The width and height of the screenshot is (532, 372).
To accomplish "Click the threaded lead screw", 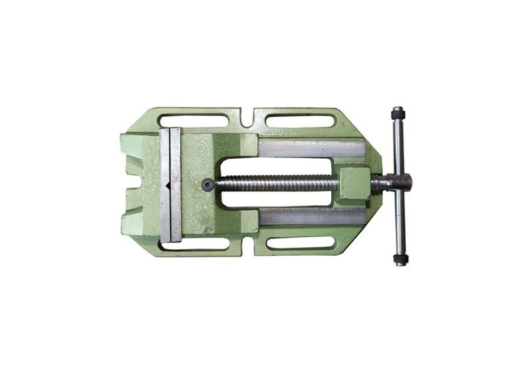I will (x=279, y=183).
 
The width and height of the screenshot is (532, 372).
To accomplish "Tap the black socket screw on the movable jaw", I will (x=208, y=185).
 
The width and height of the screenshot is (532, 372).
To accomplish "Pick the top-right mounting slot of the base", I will (x=300, y=121).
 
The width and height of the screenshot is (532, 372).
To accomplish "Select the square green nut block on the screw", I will (x=354, y=184).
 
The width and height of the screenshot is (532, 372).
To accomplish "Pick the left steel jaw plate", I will (x=165, y=185).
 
